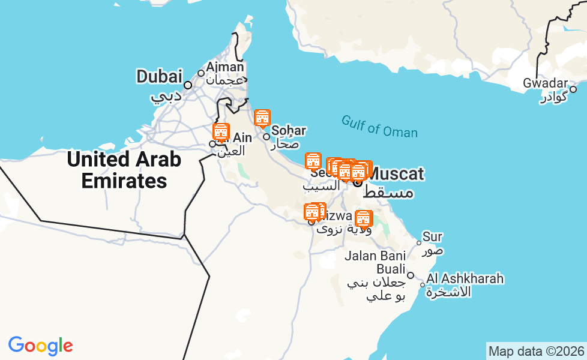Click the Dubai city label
[159, 76]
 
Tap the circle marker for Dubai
[188, 85]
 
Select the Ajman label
[225, 67]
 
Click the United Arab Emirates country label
[124, 170]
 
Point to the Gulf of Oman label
[379, 126]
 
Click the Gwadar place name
[545, 83]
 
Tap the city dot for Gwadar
[573, 89]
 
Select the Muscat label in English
[396, 175]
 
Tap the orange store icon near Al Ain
[221, 133]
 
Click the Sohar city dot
[266, 137]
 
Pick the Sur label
[432, 237]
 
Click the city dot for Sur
[419, 242]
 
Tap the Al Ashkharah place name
[465, 279]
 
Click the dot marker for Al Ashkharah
[423, 285]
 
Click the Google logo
[40, 346]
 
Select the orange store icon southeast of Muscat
[363, 219]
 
